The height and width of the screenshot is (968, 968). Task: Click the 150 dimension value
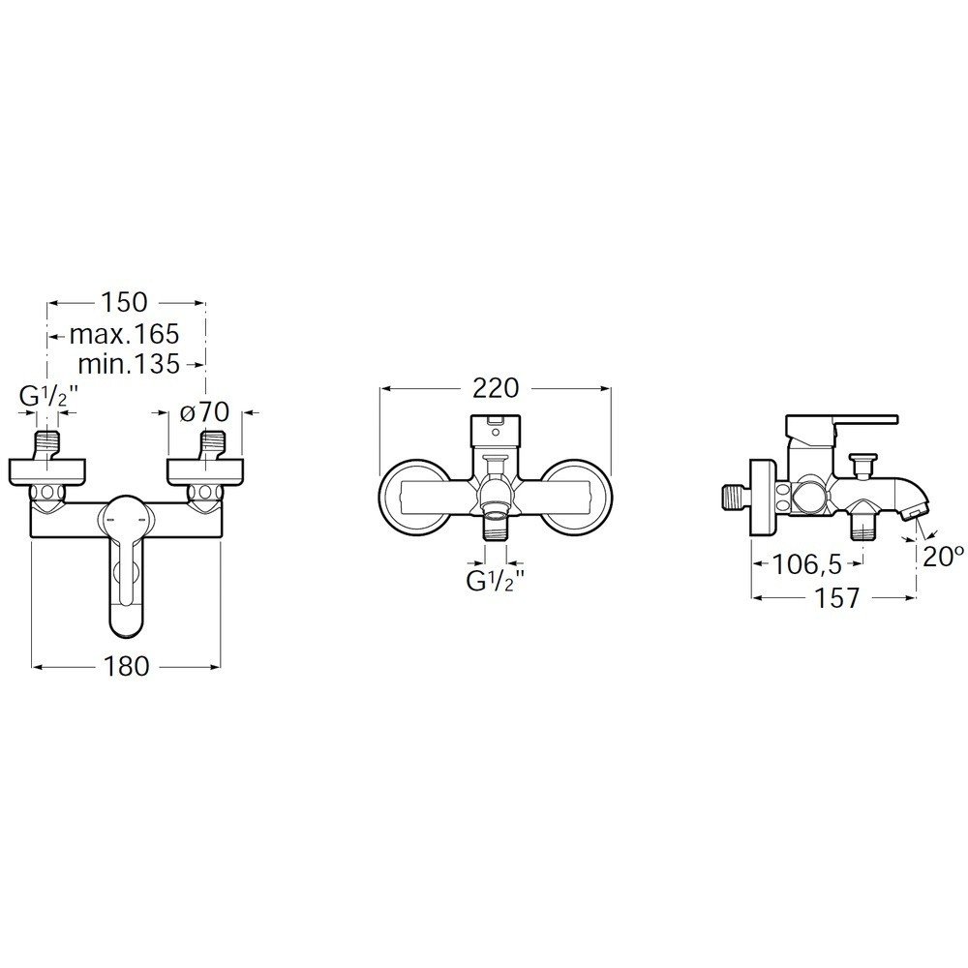[125, 302]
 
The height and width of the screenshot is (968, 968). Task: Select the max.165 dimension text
[124, 334]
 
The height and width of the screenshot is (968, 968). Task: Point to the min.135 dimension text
[130, 364]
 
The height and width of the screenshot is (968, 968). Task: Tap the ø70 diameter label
[205, 411]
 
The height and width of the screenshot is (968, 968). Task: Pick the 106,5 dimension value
[807, 564]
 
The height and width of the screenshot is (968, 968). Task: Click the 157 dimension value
[837, 597]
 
